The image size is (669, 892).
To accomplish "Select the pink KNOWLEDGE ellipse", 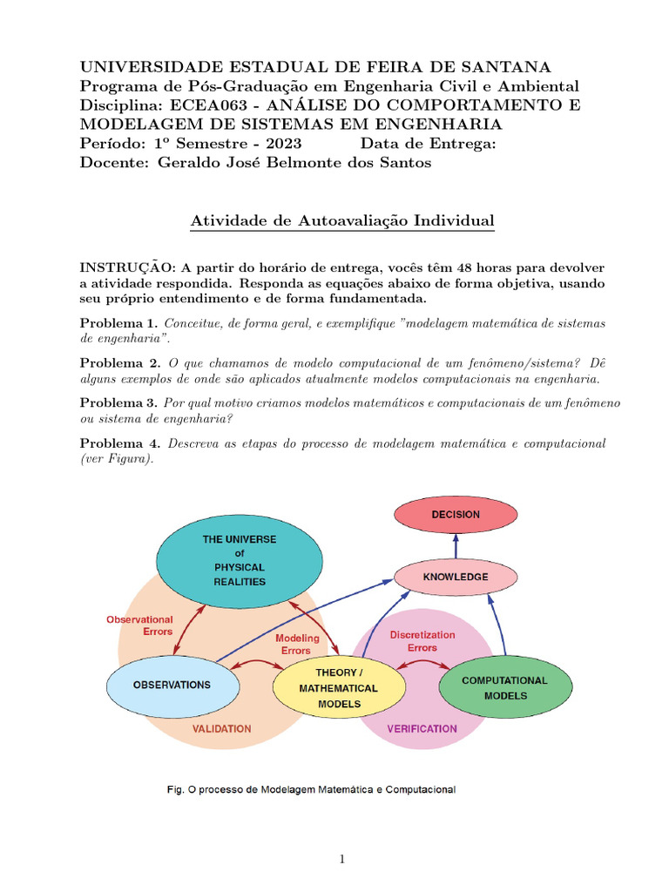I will click(455, 577).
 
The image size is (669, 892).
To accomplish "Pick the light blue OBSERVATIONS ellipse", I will click(172, 685).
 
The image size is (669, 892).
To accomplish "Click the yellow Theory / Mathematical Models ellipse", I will click(339, 688).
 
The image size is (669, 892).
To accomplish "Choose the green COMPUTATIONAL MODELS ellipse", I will click(504, 688).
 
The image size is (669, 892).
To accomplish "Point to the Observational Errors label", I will click(139, 625).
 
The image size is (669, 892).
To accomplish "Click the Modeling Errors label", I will click(297, 644).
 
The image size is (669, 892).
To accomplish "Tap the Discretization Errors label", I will click(422, 641).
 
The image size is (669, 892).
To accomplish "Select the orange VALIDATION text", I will click(221, 728).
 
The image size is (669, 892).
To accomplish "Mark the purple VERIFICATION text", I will click(422, 728).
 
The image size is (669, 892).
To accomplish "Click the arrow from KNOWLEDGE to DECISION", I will click(455, 546).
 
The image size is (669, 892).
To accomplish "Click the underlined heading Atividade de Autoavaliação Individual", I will click(341, 222).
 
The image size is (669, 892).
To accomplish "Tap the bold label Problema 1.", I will click(118, 323).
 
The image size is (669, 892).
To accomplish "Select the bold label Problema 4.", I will click(118, 443).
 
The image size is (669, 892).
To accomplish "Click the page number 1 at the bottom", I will click(342, 859).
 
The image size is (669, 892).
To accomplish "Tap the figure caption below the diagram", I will click(311, 790).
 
